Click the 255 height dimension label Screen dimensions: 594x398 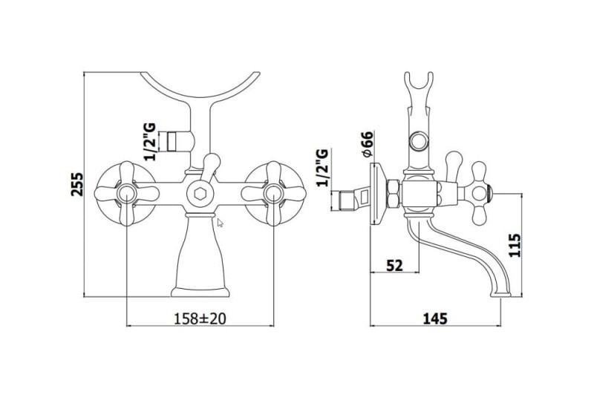[77, 184]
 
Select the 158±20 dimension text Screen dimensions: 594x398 [200, 319]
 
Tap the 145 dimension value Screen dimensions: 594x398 [435, 319]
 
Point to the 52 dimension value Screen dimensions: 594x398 [394, 266]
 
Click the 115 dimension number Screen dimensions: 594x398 [515, 245]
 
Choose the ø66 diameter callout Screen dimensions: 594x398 [367, 144]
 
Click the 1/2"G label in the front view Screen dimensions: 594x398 [150, 142]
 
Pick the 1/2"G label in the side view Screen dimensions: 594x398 [322, 167]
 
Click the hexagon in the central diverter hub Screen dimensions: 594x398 [200, 194]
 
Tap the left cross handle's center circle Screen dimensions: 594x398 [126, 194]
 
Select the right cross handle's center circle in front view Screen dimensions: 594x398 [274, 194]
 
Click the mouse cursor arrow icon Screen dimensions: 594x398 [220, 223]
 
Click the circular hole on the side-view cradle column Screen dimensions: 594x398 [419, 142]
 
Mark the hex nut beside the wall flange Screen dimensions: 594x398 [393, 194]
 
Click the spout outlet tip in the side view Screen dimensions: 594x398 [500, 294]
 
